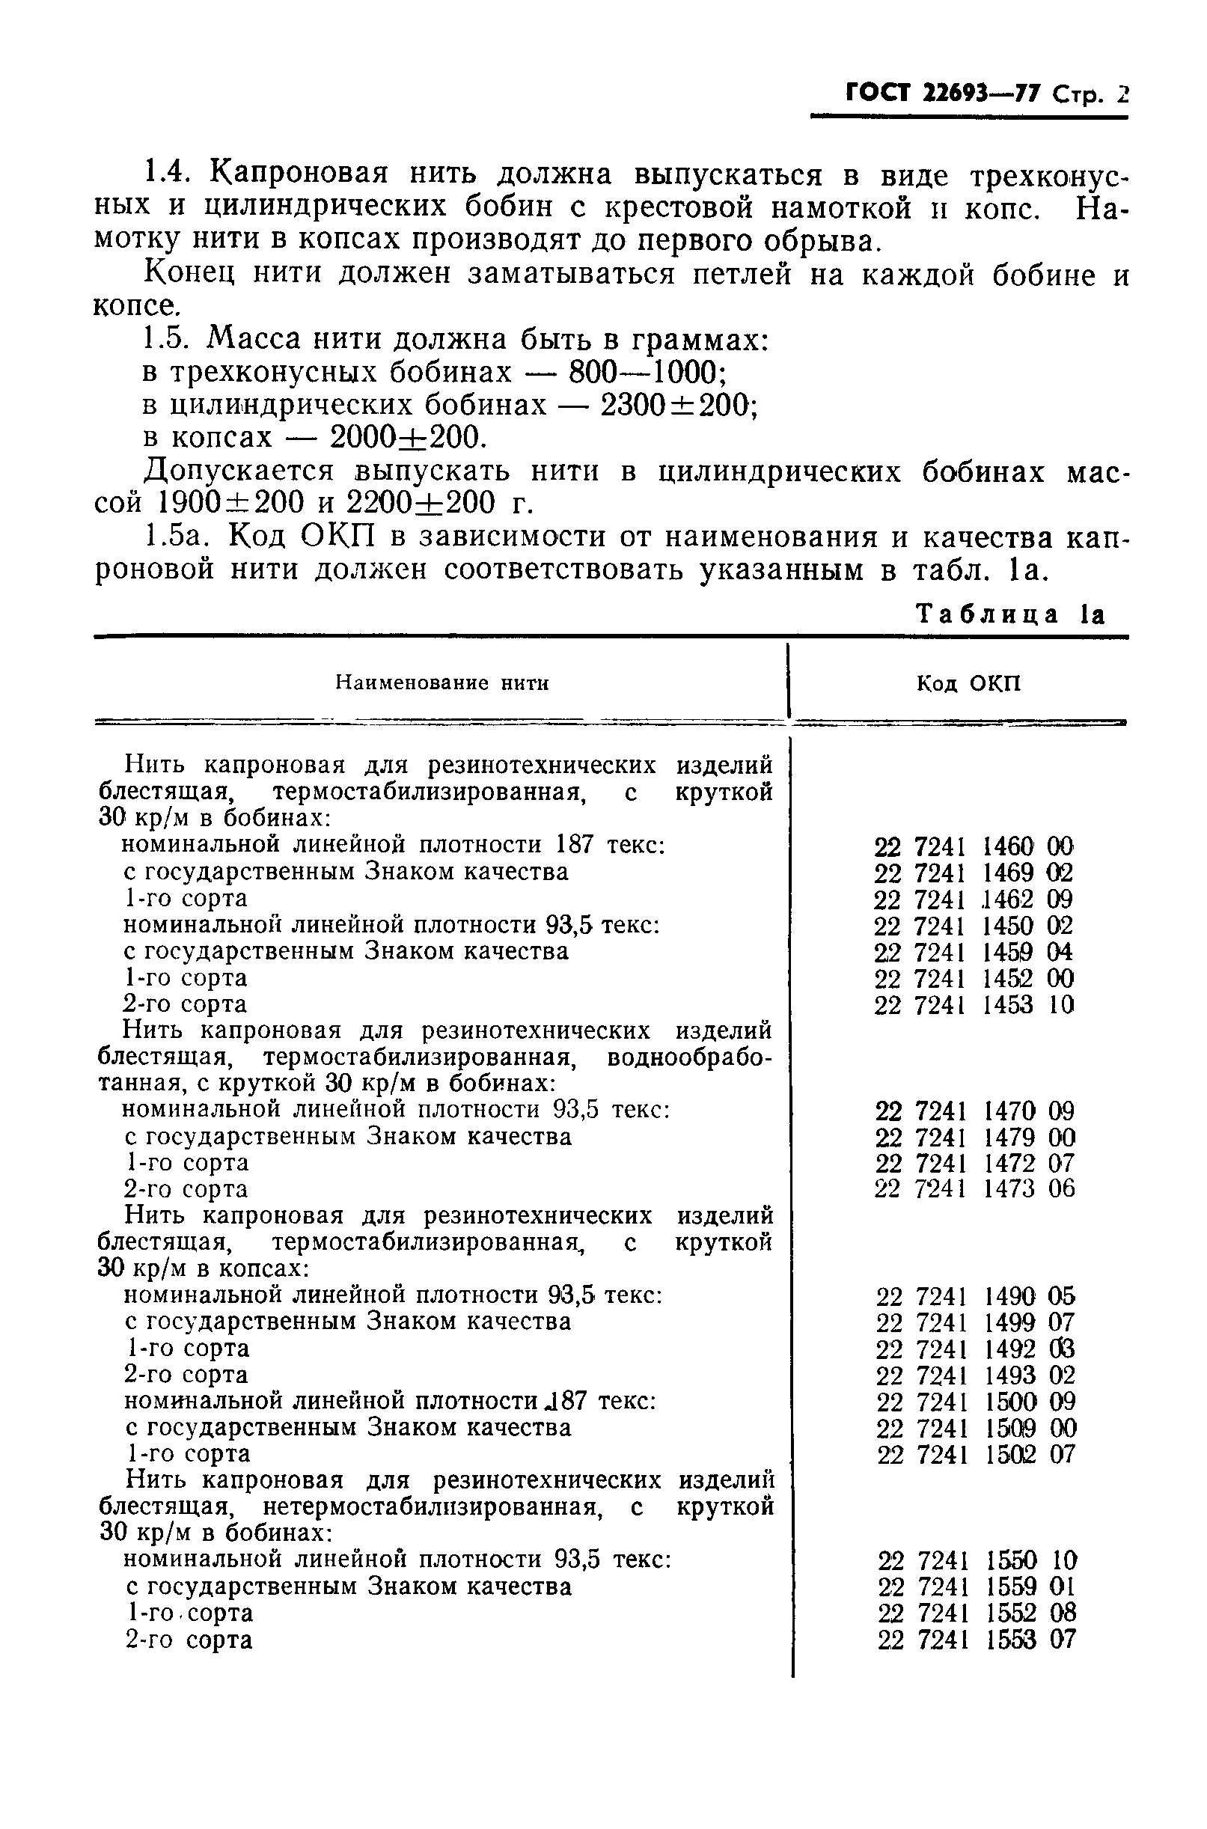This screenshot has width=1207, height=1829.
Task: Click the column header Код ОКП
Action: pyautogui.click(x=968, y=683)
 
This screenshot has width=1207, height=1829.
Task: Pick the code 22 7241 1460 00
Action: pyautogui.click(x=973, y=846)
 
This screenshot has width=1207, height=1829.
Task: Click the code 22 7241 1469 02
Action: pyautogui.click(x=973, y=873)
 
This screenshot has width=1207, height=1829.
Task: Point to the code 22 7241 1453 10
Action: pyautogui.click(x=973, y=1004)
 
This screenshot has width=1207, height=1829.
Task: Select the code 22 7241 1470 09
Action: pyautogui.click(x=974, y=1111)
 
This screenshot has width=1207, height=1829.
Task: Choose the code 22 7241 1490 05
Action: pyautogui.click(x=975, y=1296)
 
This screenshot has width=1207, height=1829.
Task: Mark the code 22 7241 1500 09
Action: pyautogui.click(x=975, y=1402)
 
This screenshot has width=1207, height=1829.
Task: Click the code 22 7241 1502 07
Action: pyautogui.click(x=975, y=1454)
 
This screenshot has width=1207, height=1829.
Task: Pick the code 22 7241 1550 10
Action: pyautogui.click(x=977, y=1560)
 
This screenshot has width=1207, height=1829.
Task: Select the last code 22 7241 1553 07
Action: pyautogui.click(x=977, y=1640)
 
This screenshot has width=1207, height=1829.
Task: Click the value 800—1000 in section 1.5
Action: pyautogui.click(x=646, y=373)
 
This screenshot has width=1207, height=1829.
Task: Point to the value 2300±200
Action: pyautogui.click(x=676, y=405)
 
